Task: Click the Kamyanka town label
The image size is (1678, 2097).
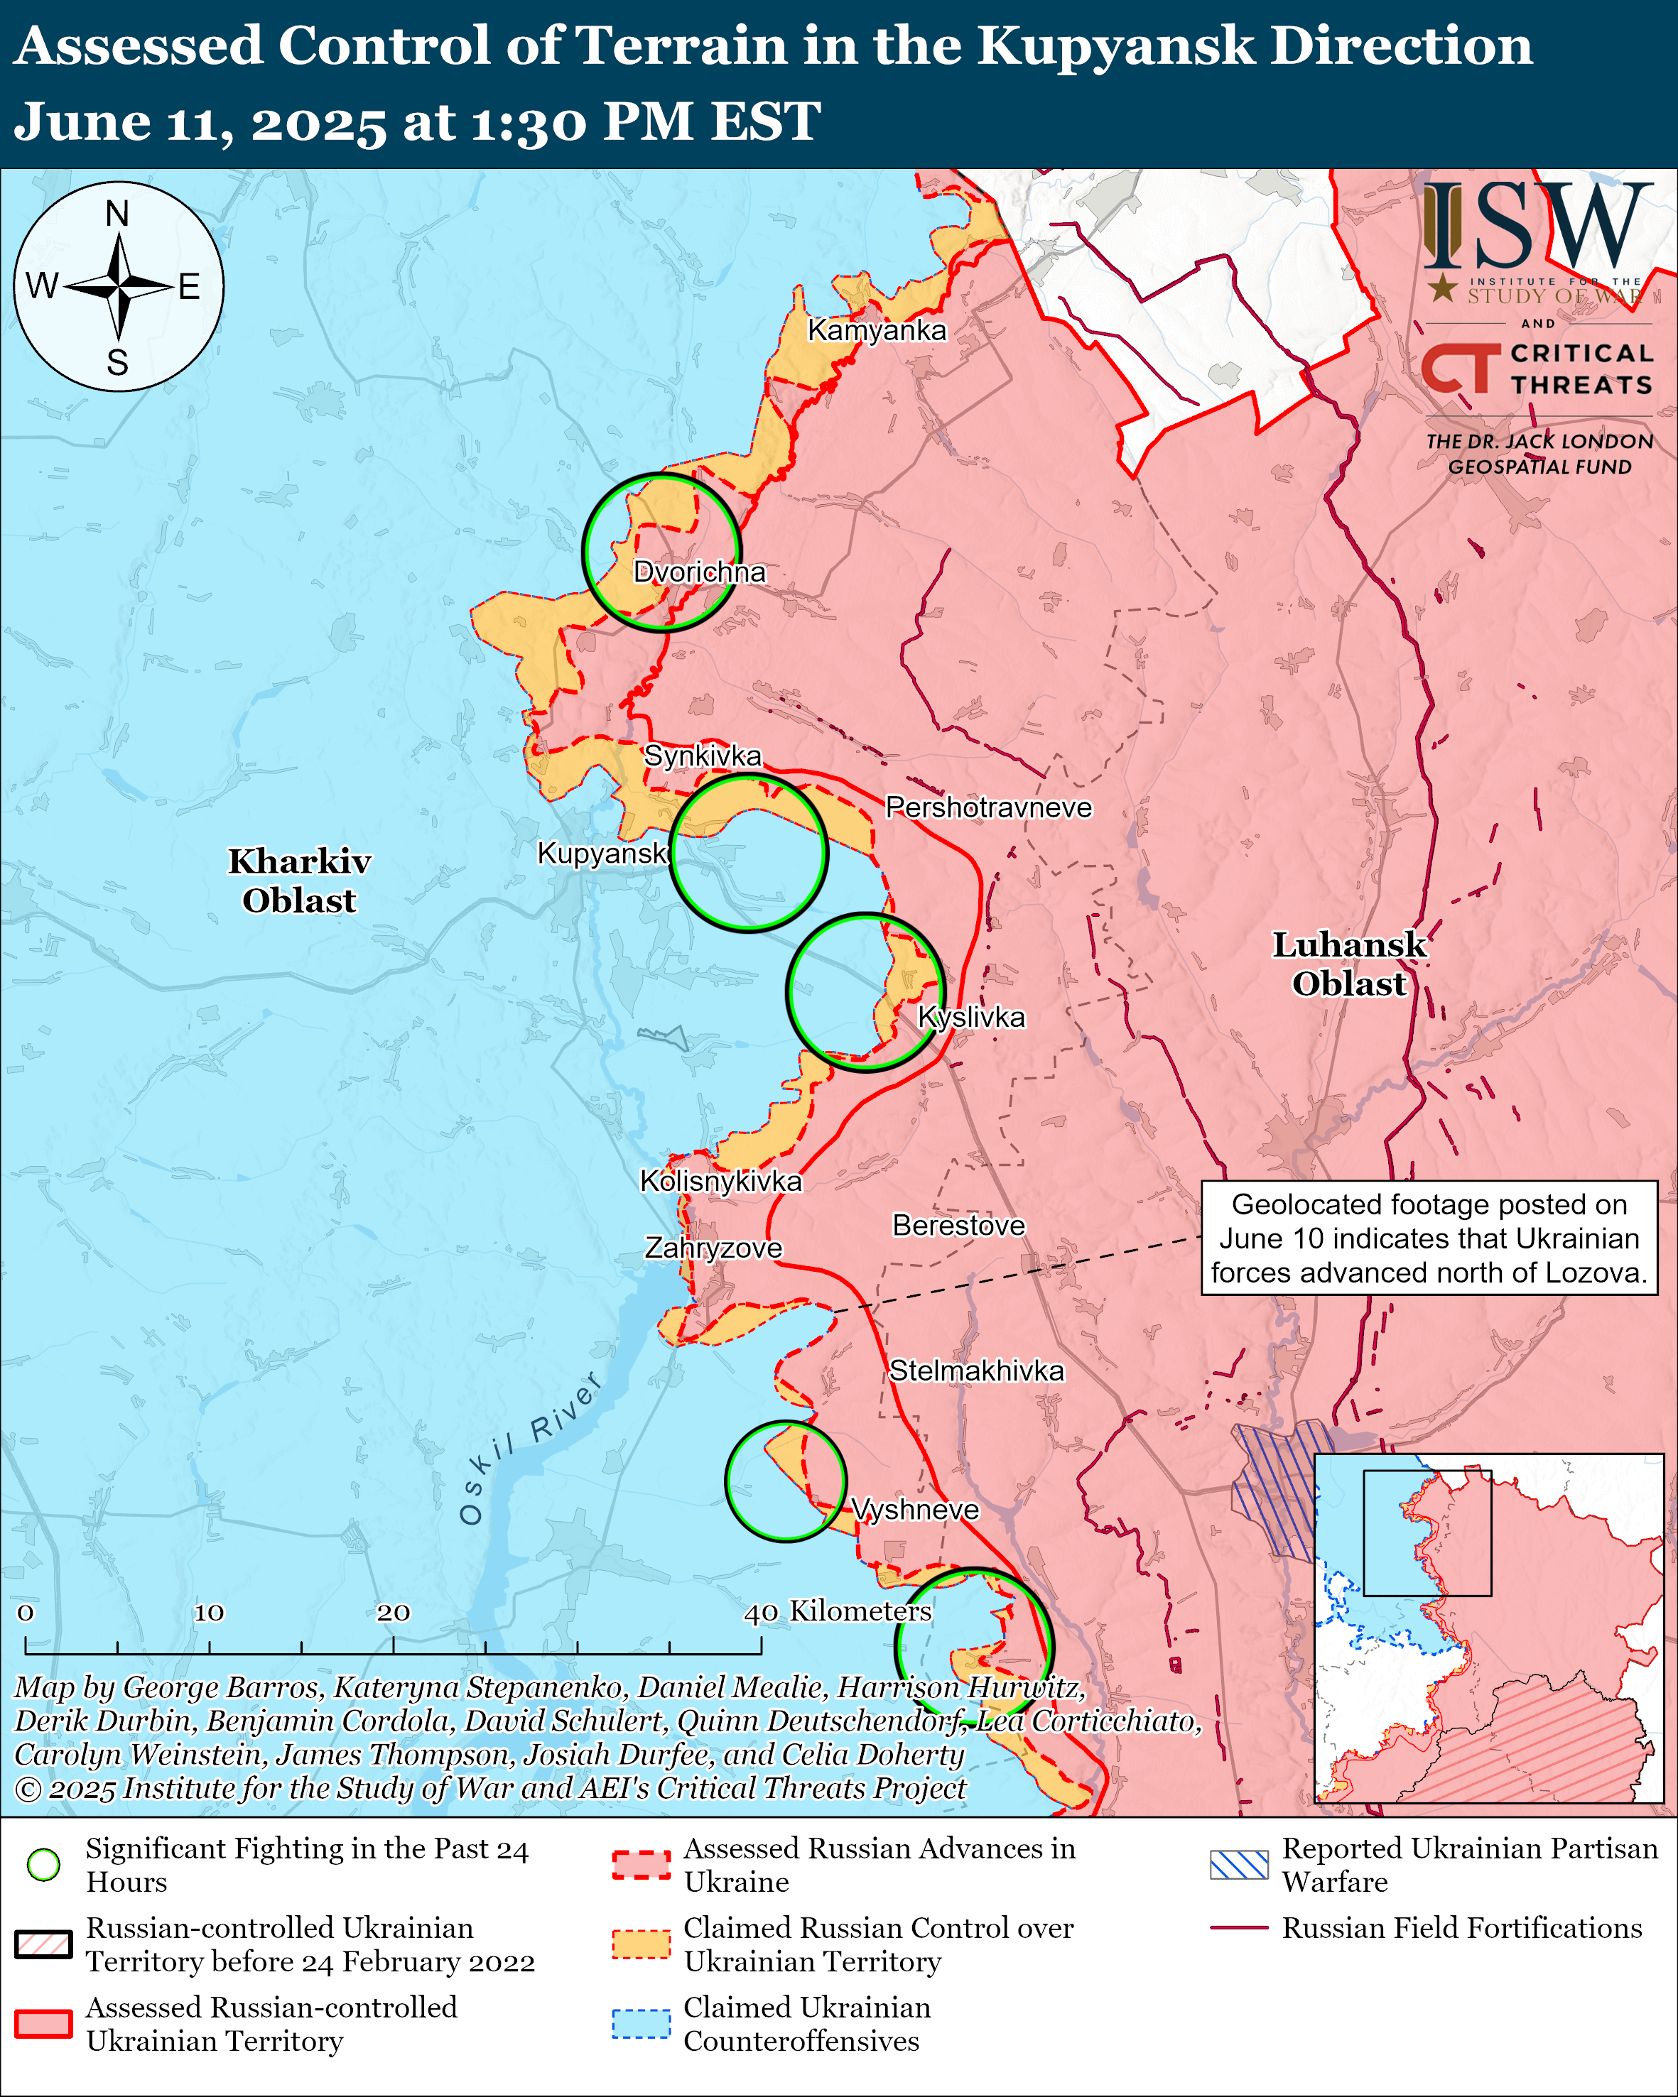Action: click(x=877, y=331)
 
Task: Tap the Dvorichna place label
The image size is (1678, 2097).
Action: click(x=700, y=572)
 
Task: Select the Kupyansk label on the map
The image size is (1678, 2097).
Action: click(x=602, y=853)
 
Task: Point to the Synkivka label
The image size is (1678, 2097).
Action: click(x=703, y=756)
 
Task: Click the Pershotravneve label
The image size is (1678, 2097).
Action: click(x=988, y=807)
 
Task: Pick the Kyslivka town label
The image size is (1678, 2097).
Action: click(x=972, y=1018)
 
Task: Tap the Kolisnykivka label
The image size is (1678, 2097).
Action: click(x=721, y=1181)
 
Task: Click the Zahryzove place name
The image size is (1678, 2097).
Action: click(x=713, y=1248)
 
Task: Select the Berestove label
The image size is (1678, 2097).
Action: click(x=958, y=1226)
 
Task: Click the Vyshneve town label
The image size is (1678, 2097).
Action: click(x=914, y=1510)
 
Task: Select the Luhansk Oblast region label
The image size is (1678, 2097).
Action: click(x=1348, y=963)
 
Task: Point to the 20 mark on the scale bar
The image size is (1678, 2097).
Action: click(x=393, y=1613)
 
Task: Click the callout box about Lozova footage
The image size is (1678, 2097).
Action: click(x=1429, y=1238)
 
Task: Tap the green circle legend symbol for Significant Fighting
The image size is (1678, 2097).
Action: click(x=43, y=1865)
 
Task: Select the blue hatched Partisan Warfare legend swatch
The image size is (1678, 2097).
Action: click(x=1238, y=1865)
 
